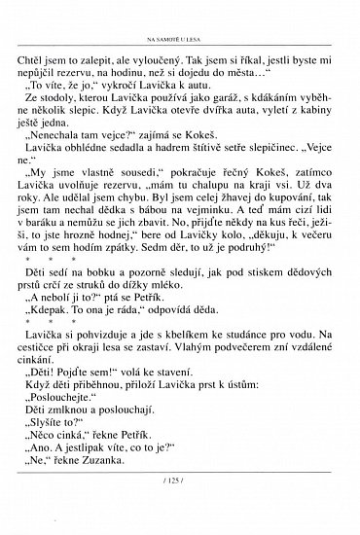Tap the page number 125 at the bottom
181,509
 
